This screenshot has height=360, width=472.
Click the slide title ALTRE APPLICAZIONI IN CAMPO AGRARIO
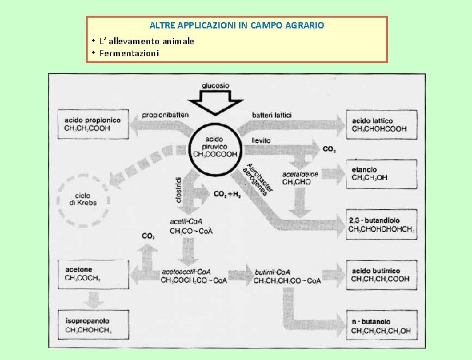(237, 26)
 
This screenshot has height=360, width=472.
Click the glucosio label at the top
(215, 85)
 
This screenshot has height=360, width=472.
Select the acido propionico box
(93, 124)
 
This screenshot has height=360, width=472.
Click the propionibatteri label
(165, 114)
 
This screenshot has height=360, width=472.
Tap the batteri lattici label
(271, 114)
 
